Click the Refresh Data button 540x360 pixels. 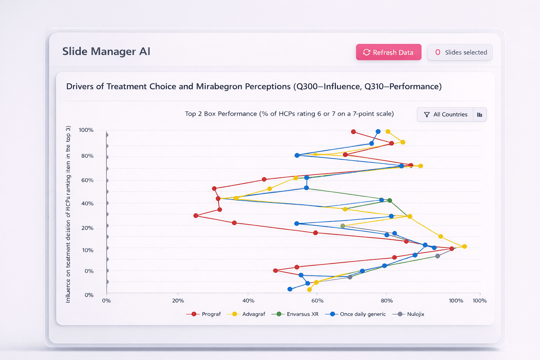tap(388, 52)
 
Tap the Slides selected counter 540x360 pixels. tap(460, 52)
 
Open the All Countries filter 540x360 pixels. tap(445, 115)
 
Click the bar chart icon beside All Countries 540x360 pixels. tap(480, 115)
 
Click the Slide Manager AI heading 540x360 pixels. tap(106, 51)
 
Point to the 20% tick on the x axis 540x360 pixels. tap(178, 301)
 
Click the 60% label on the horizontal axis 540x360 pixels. tap(317, 301)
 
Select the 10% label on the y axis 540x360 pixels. tap(88, 250)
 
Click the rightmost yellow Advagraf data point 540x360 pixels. tap(464, 246)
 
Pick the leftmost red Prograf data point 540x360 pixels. tap(196, 216)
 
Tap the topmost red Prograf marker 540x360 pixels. tap(353, 132)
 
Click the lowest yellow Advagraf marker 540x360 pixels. tap(309, 290)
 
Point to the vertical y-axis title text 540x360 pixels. tap(68, 214)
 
